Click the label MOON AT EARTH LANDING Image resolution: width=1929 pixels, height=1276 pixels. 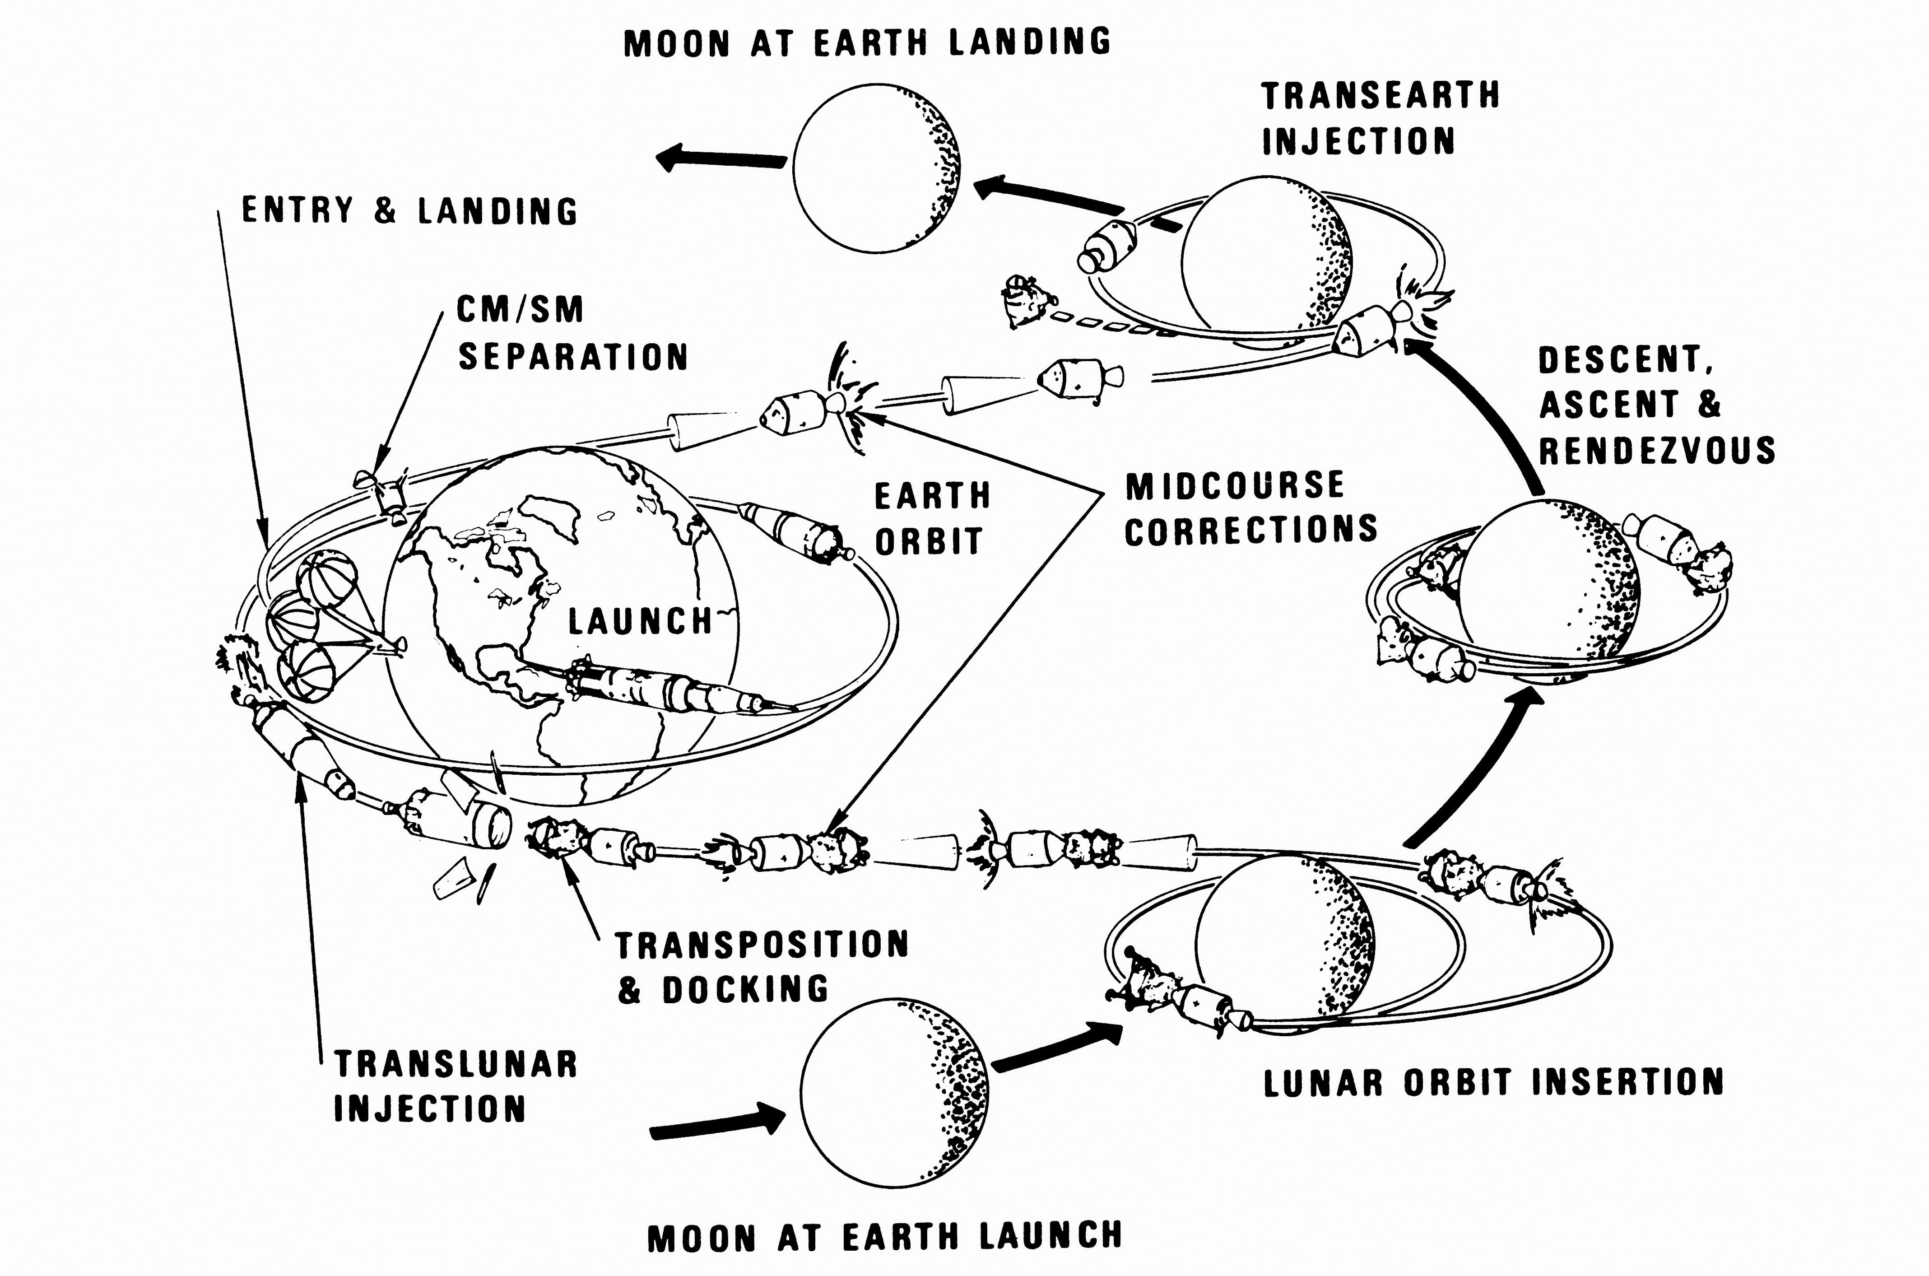[867, 42]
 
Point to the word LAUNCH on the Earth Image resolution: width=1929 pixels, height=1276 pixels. [640, 623]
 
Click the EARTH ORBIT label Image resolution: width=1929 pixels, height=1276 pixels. [932, 518]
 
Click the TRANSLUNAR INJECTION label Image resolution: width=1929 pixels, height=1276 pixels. [456, 1086]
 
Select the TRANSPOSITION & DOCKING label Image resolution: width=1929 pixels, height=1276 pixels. [761, 967]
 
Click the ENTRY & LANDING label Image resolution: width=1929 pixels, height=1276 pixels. [410, 211]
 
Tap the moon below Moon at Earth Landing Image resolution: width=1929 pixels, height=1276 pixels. [876, 168]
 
